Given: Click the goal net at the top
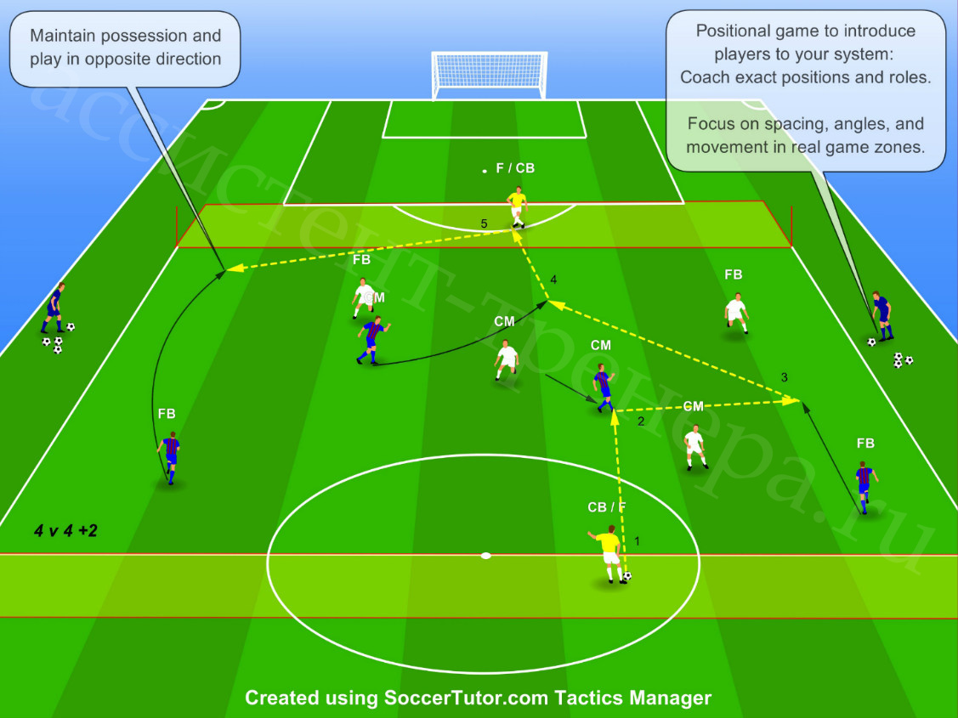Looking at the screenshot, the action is (490, 75).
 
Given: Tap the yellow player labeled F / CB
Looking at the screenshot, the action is (517, 207).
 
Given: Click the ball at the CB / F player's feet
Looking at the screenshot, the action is (626, 576).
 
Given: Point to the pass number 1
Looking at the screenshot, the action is (638, 541).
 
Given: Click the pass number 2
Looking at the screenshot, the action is (641, 421).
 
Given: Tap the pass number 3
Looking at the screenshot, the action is (785, 377).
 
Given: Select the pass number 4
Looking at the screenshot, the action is (553, 280).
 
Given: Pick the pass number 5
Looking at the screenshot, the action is (484, 224).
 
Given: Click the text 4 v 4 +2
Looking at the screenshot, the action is (65, 530).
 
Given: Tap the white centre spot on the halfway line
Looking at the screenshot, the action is (485, 556).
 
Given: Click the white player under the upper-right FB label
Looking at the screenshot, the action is (737, 314).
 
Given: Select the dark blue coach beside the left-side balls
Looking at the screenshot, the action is (54, 308).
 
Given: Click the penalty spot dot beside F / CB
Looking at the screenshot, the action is (485, 171).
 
